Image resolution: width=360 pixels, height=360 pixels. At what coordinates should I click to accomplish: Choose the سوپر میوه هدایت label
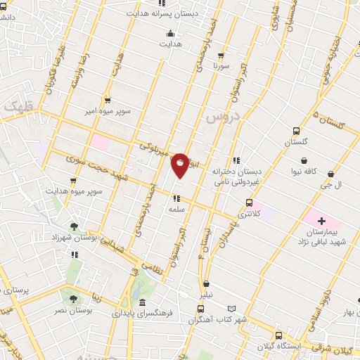[75, 191]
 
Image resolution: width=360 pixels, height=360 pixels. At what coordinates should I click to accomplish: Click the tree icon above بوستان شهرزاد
[74, 226]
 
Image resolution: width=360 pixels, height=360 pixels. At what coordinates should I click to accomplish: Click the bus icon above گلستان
[296, 131]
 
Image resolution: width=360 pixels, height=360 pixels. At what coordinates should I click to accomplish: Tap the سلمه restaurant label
[176, 209]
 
